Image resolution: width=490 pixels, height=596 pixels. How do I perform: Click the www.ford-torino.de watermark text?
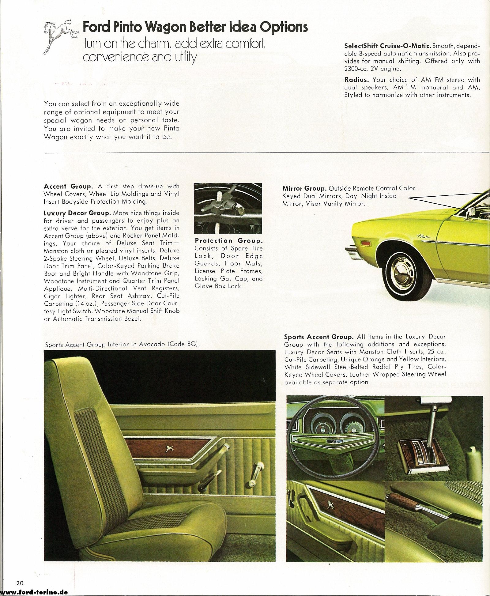coord(34,592)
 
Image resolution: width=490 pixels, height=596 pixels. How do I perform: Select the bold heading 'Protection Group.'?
coord(228,241)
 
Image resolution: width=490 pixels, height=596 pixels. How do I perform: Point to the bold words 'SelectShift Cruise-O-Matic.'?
coord(388,46)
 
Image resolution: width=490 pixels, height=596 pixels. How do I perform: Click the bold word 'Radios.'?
coord(356,80)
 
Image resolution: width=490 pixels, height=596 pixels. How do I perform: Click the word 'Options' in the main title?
coord(284,28)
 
